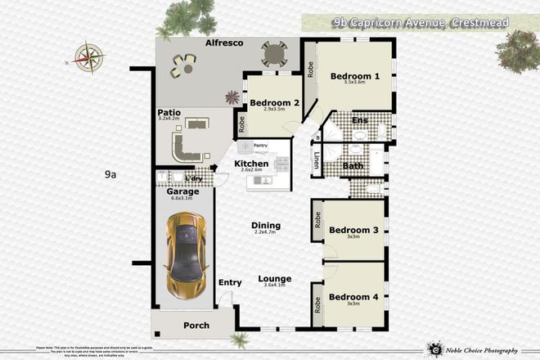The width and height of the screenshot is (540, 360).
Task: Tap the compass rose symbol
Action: [x=88, y=56]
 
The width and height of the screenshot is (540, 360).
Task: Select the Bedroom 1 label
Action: [x=354, y=76]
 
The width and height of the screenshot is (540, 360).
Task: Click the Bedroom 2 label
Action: [x=274, y=103]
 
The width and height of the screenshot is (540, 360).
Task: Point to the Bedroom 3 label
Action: [x=353, y=231]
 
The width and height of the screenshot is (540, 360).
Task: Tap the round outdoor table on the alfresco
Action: [x=273, y=55]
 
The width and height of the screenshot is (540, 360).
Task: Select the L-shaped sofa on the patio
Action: [x=186, y=146]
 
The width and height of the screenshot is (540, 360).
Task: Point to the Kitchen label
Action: [x=251, y=164]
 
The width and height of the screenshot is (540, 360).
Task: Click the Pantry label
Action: [x=261, y=146]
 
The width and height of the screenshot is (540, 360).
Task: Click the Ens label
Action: [x=359, y=121]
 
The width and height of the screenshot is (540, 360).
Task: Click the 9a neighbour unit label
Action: [x=111, y=174]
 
